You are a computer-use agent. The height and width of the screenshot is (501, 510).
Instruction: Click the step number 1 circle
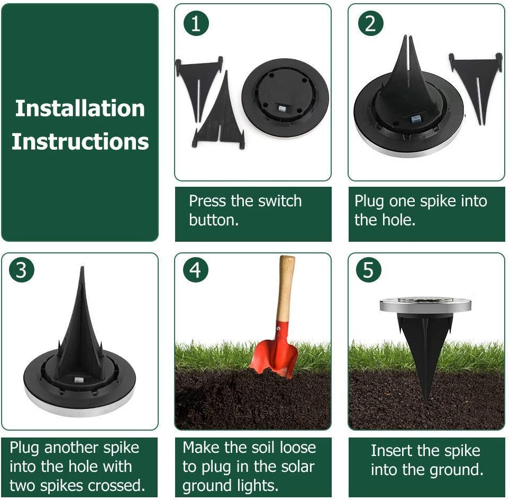[196, 24]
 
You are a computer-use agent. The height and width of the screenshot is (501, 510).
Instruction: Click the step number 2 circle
[370, 24]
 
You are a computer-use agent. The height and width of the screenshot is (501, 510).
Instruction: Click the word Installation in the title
[80, 108]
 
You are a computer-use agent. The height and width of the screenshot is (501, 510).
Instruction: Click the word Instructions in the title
[80, 142]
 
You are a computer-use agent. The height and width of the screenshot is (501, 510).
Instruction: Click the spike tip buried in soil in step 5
[426, 399]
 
